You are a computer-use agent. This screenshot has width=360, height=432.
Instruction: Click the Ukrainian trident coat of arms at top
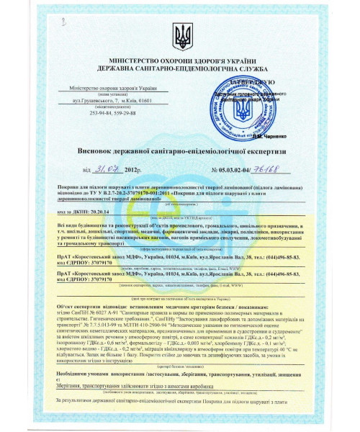tap(179, 32)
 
